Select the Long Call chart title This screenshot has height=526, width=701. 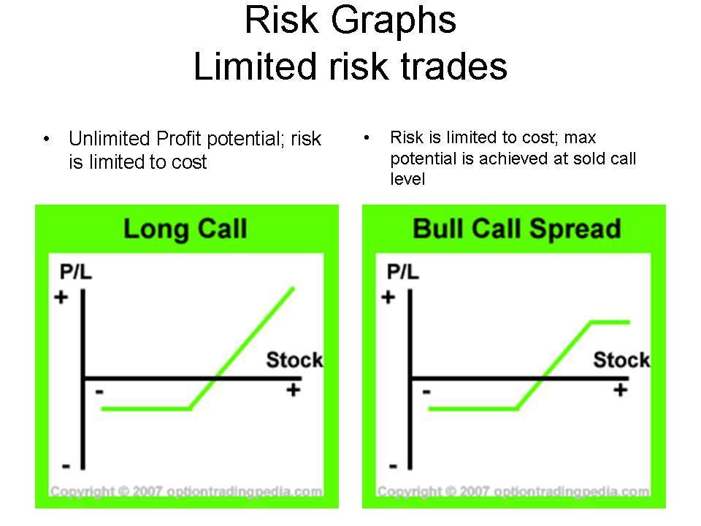pos(185,229)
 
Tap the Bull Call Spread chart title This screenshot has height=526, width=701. pos(517,229)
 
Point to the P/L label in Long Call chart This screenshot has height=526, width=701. pos(75,272)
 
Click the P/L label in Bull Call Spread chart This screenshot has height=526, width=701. pos(403,272)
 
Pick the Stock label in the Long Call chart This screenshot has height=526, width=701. pos(294,359)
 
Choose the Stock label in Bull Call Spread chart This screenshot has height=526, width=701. pos(621,359)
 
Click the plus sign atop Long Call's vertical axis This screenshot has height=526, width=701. pos(61,297)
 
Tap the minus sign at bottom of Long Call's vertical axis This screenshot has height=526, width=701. pos(66,466)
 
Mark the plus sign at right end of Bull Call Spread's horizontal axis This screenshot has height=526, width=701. pos(620,390)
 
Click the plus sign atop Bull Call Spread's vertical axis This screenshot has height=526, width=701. pos(388,297)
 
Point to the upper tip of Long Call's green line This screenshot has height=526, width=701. pos(294,288)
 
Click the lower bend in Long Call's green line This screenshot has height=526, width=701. pos(190,408)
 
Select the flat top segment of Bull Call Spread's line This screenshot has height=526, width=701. pos(610,322)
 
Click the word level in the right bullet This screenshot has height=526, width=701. pos(407,179)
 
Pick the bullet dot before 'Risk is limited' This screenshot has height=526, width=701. pos(367,137)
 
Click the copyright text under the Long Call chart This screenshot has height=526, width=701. pos(186,491)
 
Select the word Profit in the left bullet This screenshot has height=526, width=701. pos(180,139)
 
